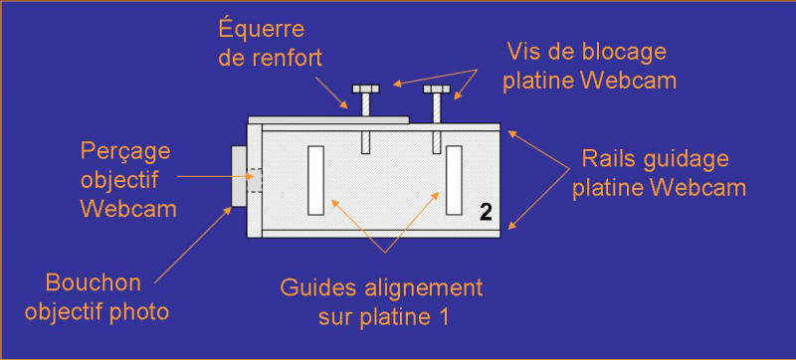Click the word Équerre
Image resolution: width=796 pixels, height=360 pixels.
262,29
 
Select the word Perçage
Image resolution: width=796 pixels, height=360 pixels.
126,152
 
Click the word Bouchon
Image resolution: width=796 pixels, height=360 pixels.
93,282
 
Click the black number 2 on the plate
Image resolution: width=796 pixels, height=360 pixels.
486,213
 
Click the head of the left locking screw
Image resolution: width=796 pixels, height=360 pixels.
365,90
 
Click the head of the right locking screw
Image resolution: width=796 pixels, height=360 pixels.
437,90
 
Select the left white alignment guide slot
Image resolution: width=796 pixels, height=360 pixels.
315,180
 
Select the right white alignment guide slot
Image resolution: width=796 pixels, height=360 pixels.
454,180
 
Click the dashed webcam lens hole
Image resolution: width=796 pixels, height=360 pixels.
255,180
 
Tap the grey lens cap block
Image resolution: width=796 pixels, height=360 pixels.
239,176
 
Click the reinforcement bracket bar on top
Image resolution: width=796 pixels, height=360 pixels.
328,119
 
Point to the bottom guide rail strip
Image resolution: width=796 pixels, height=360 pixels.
381,234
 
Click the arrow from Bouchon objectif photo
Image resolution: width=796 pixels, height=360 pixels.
193,245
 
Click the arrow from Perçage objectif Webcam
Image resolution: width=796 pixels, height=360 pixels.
215,176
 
